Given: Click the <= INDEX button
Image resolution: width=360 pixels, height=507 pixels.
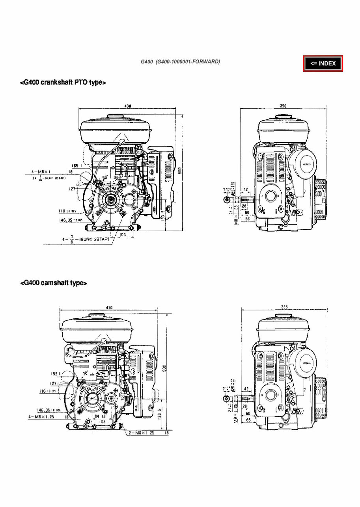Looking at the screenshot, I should pos(323,63).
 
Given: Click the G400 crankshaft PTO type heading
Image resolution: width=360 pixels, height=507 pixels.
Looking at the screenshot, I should pos(63,83).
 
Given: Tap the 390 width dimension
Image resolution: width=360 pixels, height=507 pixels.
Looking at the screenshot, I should pos(283,106).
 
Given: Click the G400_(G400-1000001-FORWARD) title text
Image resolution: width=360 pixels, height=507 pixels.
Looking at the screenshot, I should pos(180,62).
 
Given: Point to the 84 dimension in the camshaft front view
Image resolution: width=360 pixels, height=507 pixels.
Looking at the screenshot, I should pos(97,416).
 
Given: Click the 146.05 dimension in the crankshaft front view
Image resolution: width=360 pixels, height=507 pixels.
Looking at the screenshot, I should pos(69,221).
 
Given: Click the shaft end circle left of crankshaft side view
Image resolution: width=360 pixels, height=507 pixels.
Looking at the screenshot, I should pos(226,200).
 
